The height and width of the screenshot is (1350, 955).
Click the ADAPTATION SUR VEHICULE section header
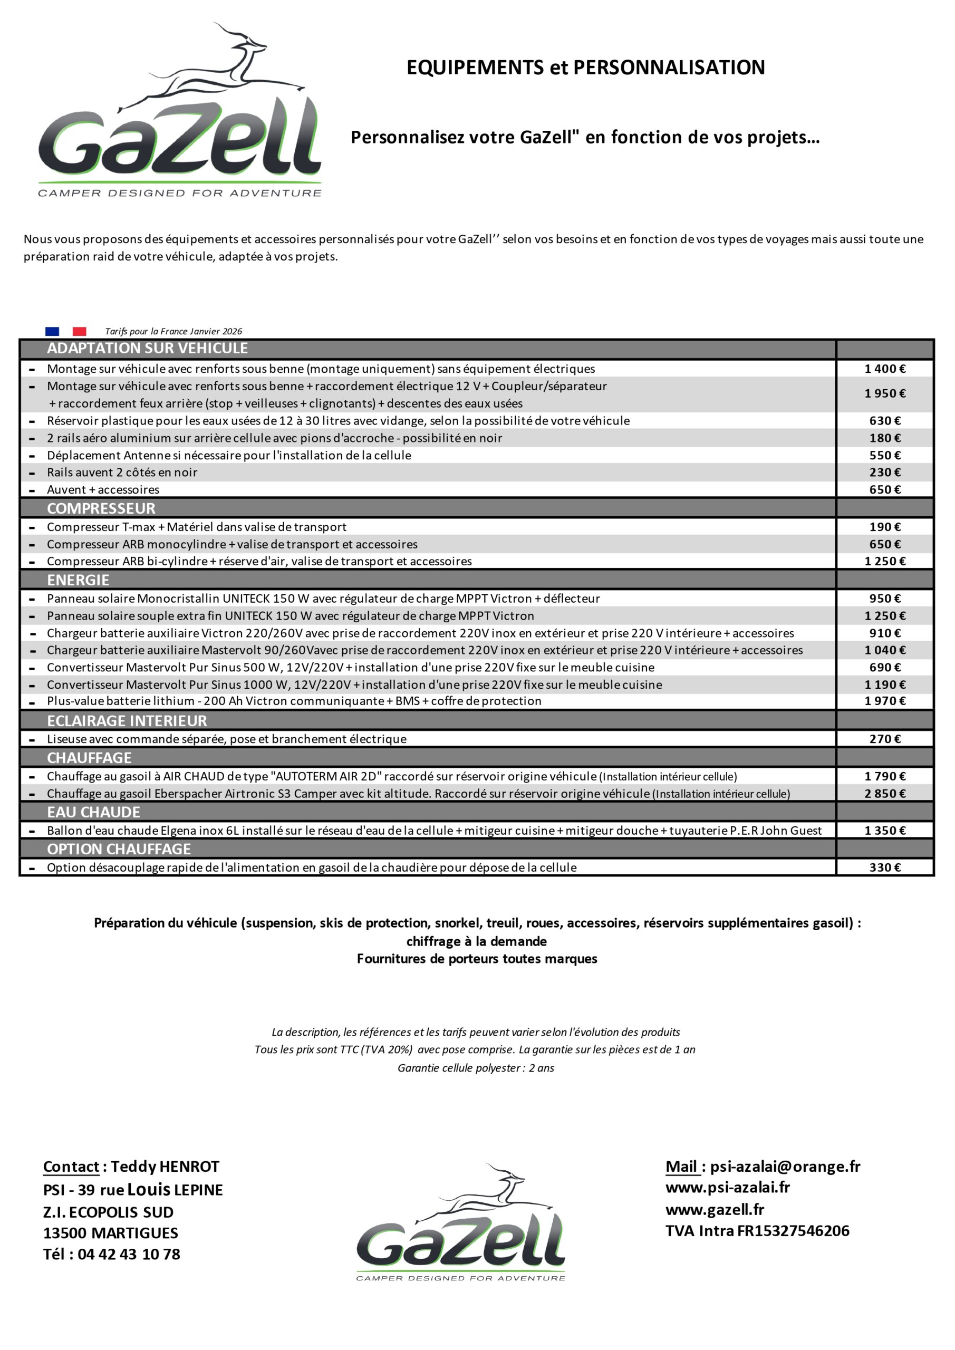point(147,348)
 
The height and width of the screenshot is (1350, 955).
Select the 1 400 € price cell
point(884,369)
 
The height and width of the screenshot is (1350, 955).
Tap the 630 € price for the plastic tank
point(884,420)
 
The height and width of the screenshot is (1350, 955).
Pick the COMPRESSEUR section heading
point(101,508)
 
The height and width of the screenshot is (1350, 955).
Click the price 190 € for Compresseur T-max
point(884,527)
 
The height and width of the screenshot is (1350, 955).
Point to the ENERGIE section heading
point(78,580)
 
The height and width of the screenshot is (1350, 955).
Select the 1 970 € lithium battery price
point(884,701)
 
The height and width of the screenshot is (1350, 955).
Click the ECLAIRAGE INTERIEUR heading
point(127,721)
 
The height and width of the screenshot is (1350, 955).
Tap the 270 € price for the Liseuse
point(884,739)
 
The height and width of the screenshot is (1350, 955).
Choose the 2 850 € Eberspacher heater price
point(884,793)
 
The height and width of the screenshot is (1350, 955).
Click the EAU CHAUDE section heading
point(93,812)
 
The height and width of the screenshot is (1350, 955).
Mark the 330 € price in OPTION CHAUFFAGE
point(884,867)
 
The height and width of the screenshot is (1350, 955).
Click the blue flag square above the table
point(52,332)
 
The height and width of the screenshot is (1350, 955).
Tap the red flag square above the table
point(80,332)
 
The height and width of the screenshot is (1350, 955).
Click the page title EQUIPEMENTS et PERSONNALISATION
point(585,67)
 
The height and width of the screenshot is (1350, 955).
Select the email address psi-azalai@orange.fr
point(785,1166)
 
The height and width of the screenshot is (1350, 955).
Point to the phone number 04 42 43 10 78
point(129,1254)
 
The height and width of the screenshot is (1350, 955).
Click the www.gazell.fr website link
point(715,1210)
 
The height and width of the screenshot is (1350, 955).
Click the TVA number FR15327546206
point(793,1231)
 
